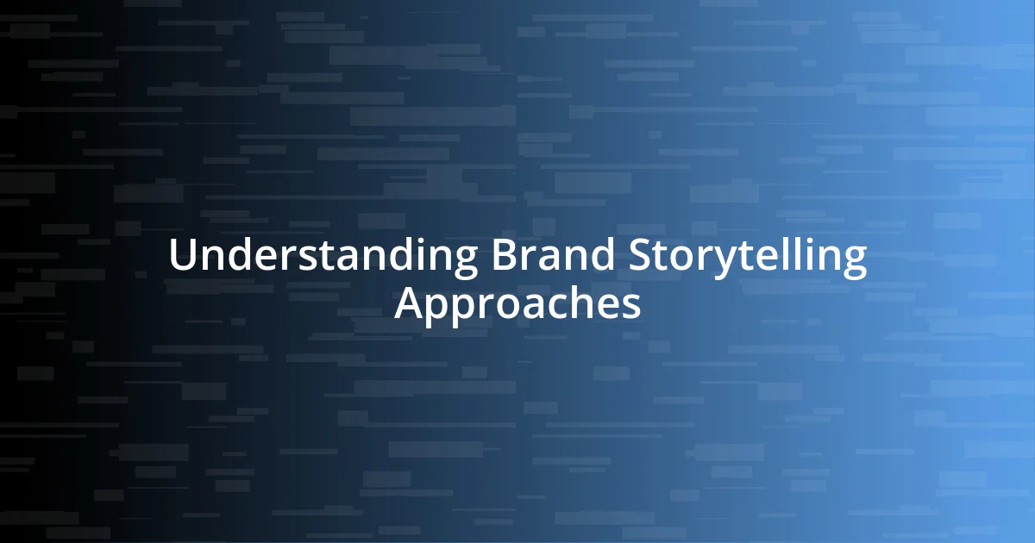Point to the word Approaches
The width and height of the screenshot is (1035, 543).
[517, 303]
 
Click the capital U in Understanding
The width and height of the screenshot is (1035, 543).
[182, 256]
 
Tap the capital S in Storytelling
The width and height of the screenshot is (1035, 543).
[639, 256]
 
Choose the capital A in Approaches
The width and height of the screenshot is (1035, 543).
[409, 303]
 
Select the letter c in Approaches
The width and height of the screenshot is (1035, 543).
[551, 307]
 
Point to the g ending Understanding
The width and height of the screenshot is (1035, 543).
[463, 262]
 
